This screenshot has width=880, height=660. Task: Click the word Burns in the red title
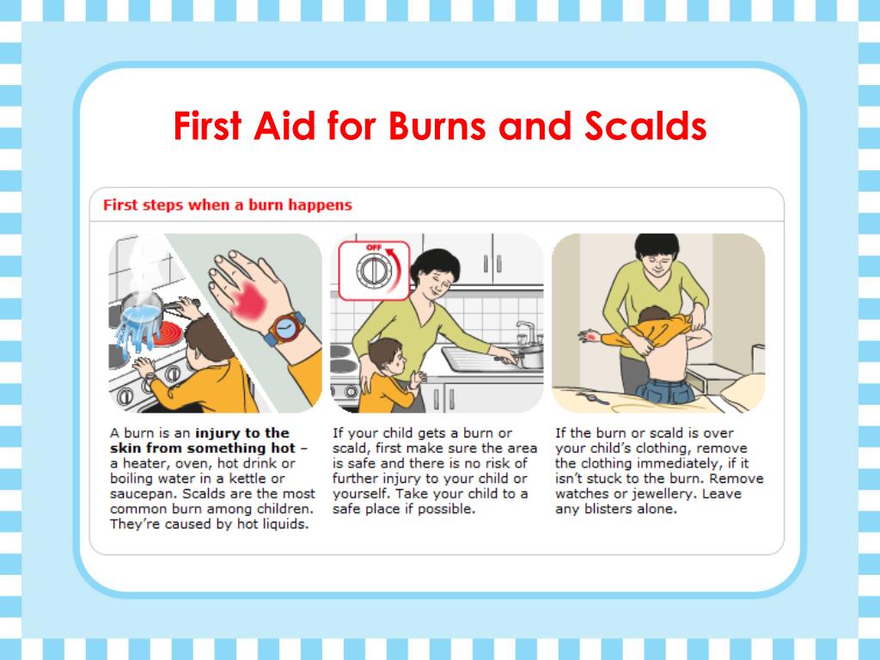point(437,125)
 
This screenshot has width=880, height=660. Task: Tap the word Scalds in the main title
point(645,125)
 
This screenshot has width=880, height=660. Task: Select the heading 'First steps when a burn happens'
point(227,205)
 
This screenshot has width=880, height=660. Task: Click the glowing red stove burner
point(168,335)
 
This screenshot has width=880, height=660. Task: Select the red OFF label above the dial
point(373,247)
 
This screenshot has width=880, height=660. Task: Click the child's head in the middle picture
point(388,357)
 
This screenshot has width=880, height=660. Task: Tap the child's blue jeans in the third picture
point(666,391)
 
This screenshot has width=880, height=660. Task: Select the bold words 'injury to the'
point(241,433)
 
